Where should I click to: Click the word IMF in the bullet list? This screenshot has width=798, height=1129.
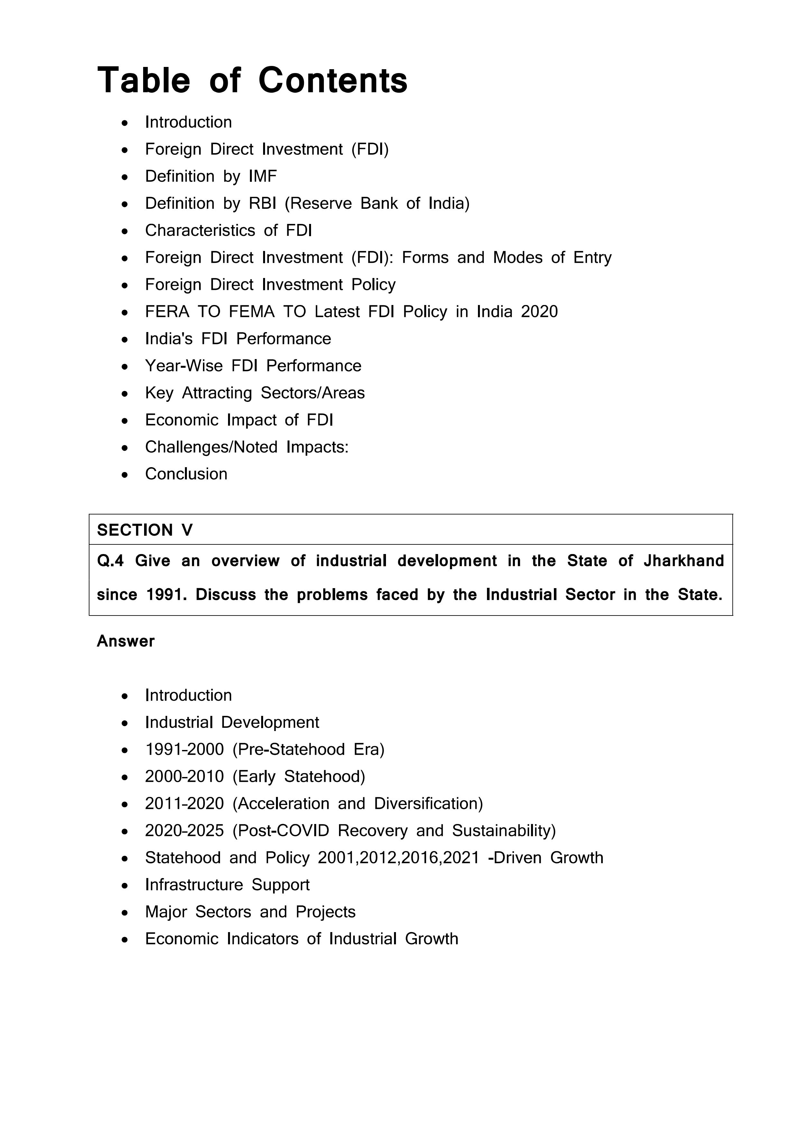point(262,176)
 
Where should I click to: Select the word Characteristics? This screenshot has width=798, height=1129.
point(200,230)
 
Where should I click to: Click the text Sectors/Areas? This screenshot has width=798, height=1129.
point(313,393)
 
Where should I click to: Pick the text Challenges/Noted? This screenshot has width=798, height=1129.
point(211,447)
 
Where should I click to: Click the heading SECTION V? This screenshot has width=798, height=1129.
point(145,530)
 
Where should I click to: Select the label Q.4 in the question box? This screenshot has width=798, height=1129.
point(110,560)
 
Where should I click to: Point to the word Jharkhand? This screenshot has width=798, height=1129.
point(683,560)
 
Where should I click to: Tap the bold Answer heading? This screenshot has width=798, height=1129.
point(126,641)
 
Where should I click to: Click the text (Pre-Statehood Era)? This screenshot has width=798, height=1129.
point(308,749)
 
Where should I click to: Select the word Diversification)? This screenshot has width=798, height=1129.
point(428,803)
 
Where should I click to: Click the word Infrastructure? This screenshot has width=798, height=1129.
point(194,884)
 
